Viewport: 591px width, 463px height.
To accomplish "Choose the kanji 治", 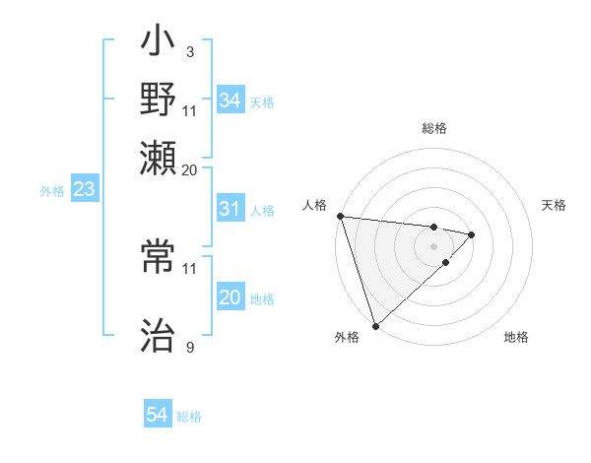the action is pyautogui.click(x=158, y=336).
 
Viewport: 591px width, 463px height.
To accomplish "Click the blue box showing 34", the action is pyautogui.click(x=230, y=100).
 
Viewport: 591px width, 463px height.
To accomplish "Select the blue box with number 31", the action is pyautogui.click(x=230, y=210).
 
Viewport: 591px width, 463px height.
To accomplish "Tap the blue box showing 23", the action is pyautogui.click(x=84, y=190).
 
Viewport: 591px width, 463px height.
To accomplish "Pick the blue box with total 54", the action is pyautogui.click(x=158, y=416).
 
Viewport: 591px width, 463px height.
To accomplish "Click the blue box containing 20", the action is pyautogui.click(x=230, y=298).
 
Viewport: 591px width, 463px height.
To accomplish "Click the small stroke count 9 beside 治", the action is pyautogui.click(x=189, y=348).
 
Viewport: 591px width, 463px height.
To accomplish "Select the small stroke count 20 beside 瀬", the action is pyautogui.click(x=189, y=170).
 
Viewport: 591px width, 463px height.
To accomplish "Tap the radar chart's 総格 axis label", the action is pyautogui.click(x=434, y=128).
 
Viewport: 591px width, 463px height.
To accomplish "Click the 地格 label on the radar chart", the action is pyautogui.click(x=516, y=338).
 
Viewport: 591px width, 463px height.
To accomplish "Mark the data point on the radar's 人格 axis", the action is pyautogui.click(x=340, y=216).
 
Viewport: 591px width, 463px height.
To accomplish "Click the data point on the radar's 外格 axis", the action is pyautogui.click(x=375, y=325).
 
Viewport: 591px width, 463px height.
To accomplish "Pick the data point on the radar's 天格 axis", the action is pyautogui.click(x=472, y=234).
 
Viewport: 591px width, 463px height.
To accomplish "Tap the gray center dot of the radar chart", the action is pyautogui.click(x=434, y=246).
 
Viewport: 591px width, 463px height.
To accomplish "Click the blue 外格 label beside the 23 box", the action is pyautogui.click(x=52, y=191).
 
